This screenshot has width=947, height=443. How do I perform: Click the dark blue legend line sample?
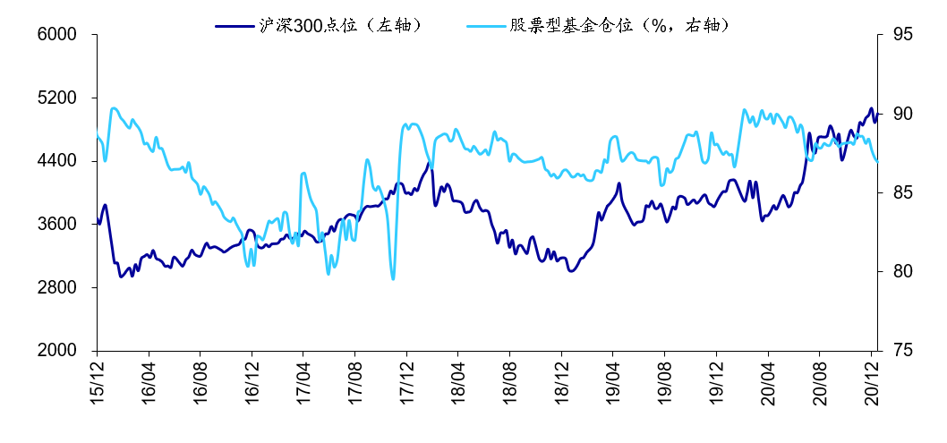(235, 25)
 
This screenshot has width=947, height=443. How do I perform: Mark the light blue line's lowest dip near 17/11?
(393, 278)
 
